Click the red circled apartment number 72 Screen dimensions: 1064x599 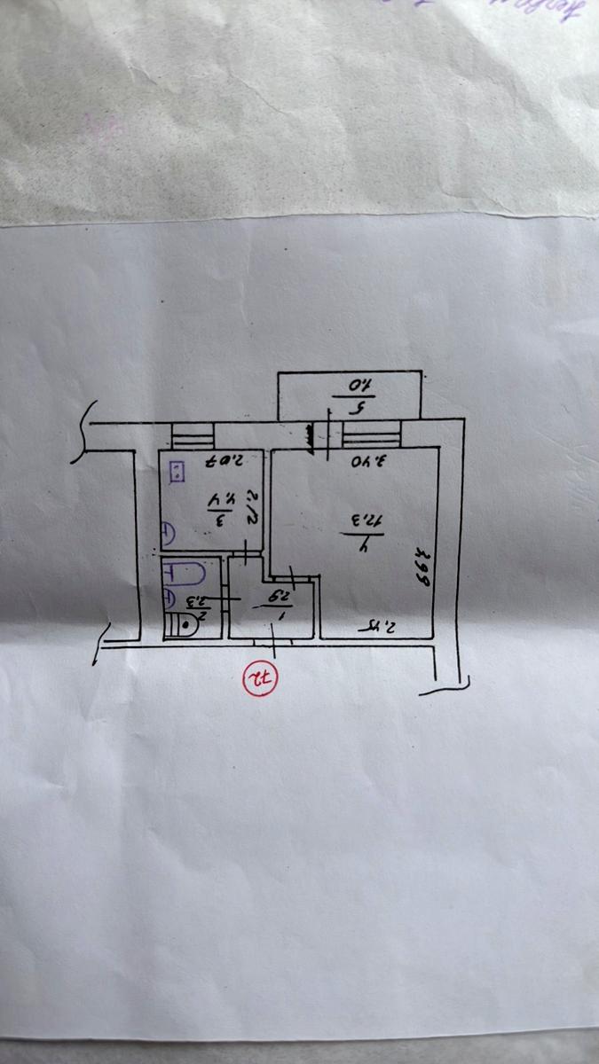pos(263,680)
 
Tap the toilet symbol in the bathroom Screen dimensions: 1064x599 pos(183,624)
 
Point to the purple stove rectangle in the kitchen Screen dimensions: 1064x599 pos(177,471)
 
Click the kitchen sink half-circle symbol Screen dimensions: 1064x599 pos(168,535)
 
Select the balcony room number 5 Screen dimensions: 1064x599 pos(359,410)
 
